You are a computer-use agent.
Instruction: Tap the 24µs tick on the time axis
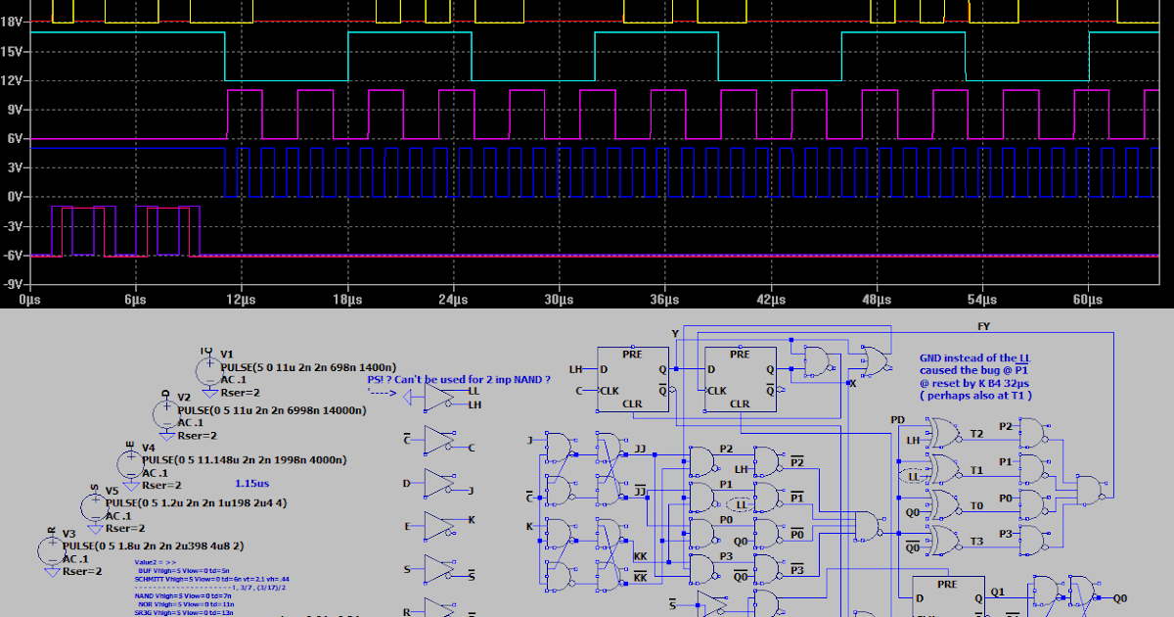[453, 299]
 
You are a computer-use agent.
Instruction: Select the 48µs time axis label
[877, 299]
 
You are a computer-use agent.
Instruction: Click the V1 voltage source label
[227, 354]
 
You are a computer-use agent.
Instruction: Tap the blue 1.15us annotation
[252, 484]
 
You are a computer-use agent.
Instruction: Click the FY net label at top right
[982, 325]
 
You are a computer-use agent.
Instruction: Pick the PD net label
[897, 419]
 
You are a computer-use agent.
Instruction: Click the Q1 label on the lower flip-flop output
[997, 592]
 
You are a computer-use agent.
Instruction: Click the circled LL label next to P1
[741, 504]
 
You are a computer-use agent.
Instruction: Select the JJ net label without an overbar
[641, 449]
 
